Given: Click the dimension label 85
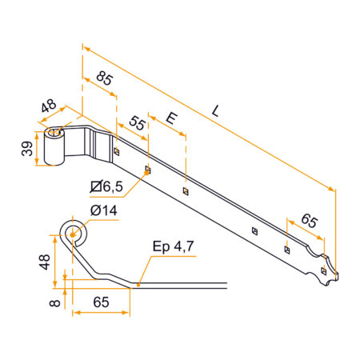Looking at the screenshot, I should click(x=102, y=80).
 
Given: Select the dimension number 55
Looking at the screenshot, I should click(x=137, y=123).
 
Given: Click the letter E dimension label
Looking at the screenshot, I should click(x=170, y=118).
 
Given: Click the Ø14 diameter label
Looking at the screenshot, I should click(x=105, y=210).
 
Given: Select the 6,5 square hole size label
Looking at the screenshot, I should click(x=107, y=187).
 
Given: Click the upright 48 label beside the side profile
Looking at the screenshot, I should click(x=45, y=262).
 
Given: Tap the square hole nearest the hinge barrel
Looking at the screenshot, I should click(x=117, y=150).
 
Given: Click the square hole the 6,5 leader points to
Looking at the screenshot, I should click(x=148, y=170).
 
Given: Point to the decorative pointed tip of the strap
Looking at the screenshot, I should click(x=340, y=277).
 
